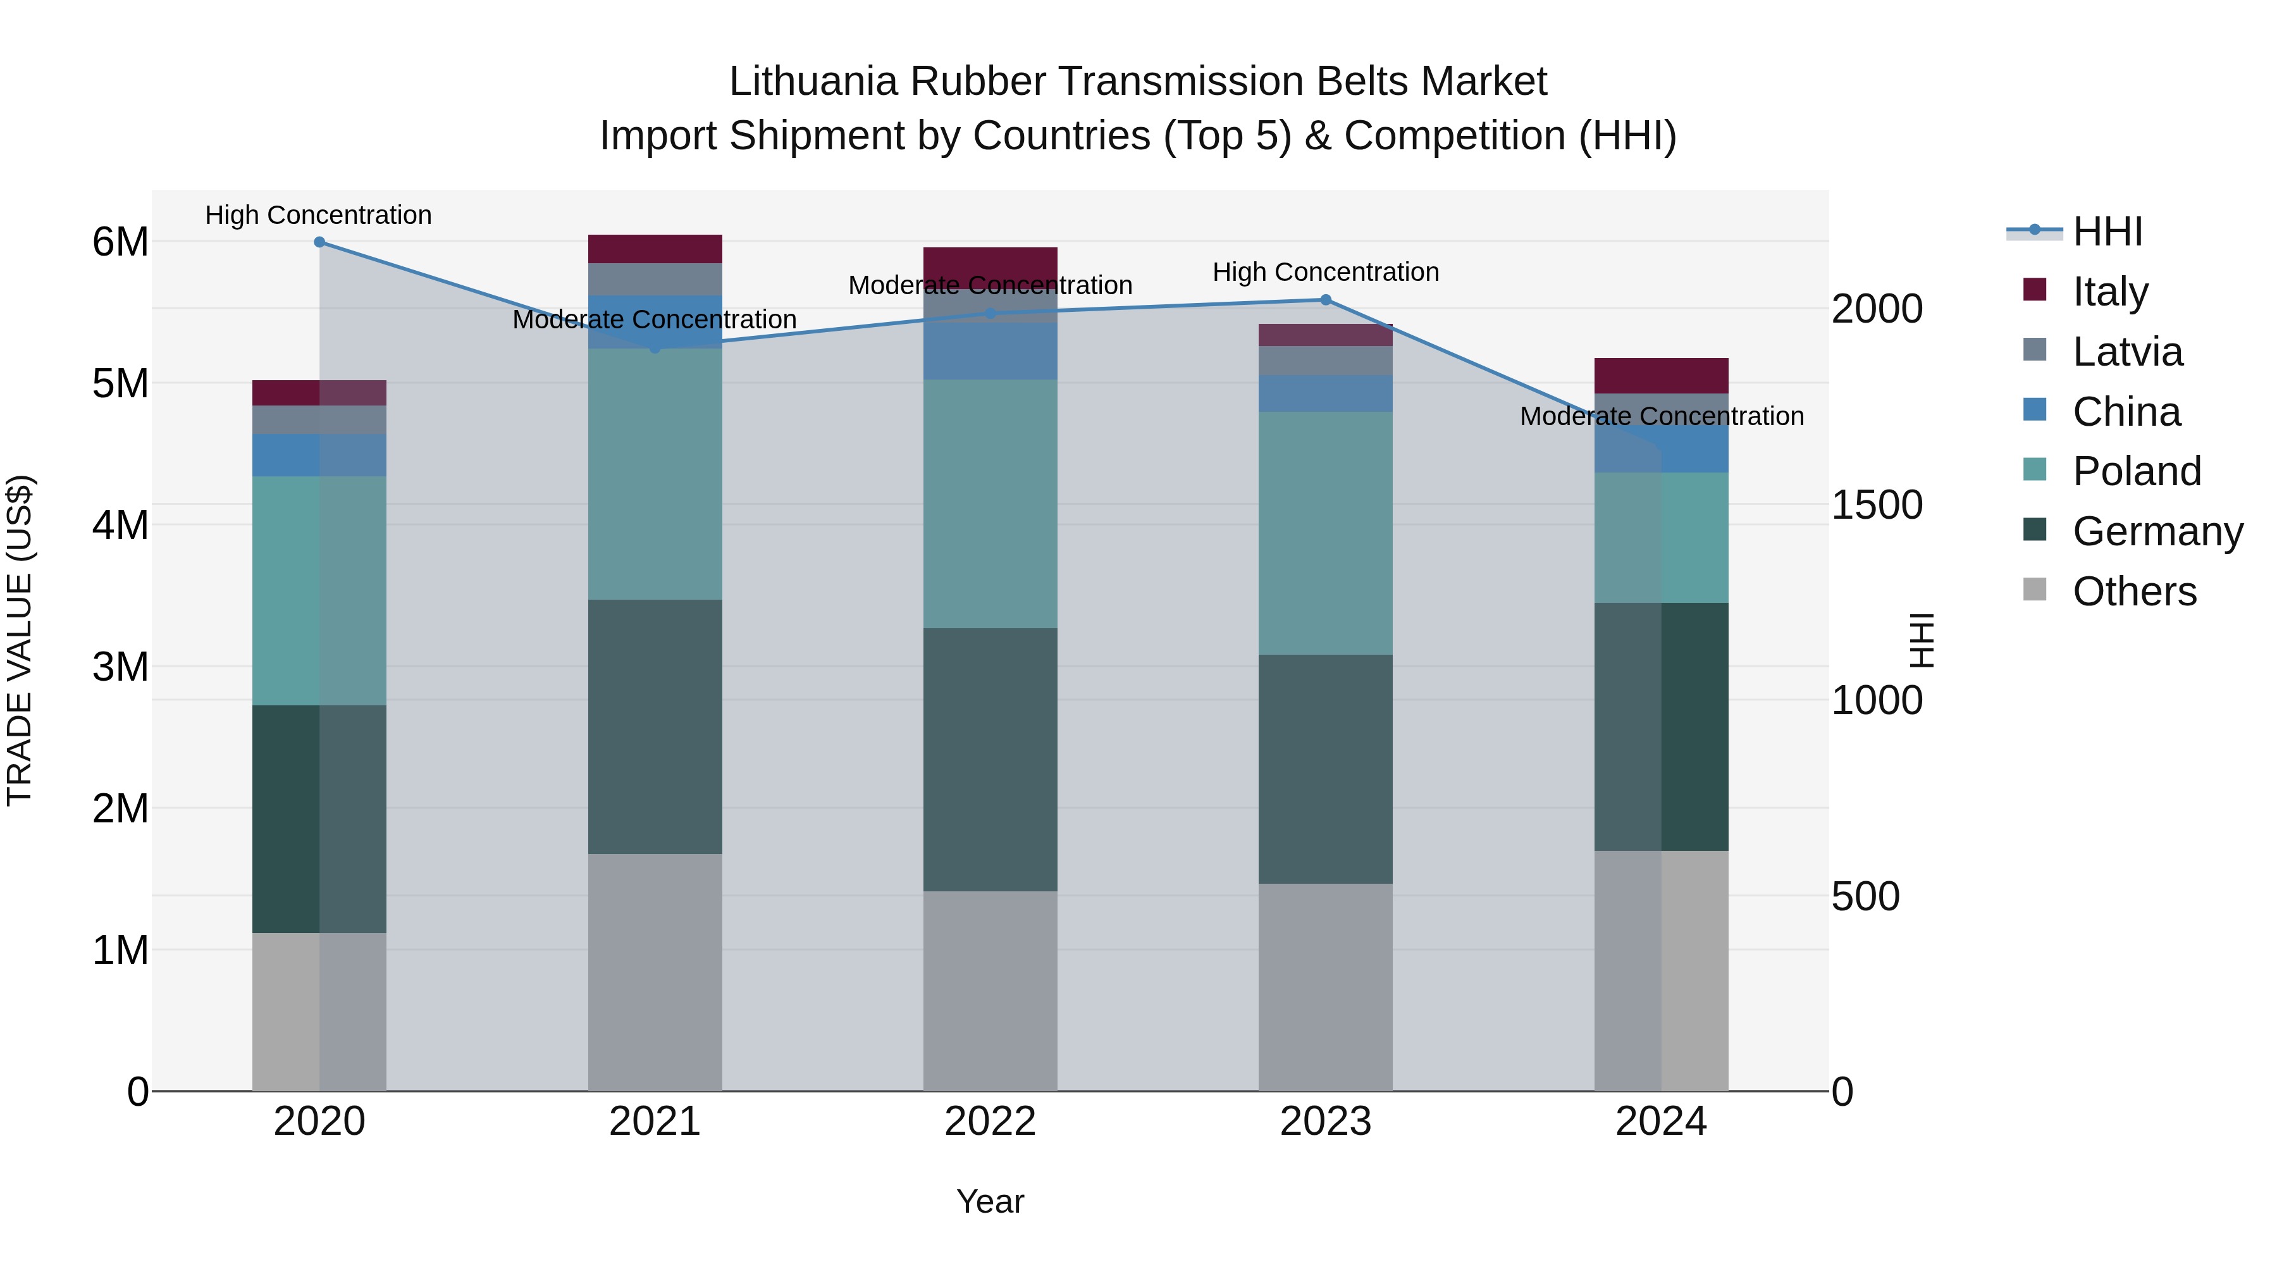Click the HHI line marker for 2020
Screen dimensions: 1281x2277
[319, 242]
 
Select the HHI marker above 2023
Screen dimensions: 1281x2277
[1325, 300]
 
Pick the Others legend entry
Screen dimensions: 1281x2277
[2134, 591]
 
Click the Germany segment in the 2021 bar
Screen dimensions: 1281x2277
[655, 727]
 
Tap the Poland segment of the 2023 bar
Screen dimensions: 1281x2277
[1325, 533]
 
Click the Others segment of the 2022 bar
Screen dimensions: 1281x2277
[990, 990]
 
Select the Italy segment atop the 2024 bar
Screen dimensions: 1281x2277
[1661, 376]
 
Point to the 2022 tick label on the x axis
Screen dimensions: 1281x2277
[990, 1122]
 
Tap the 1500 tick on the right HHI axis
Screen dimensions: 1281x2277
[1877, 505]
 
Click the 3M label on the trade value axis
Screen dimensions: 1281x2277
[120, 667]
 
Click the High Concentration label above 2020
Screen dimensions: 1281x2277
[318, 215]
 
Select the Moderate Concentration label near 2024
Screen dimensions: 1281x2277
[1661, 416]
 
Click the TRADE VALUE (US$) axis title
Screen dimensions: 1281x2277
[20, 640]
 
